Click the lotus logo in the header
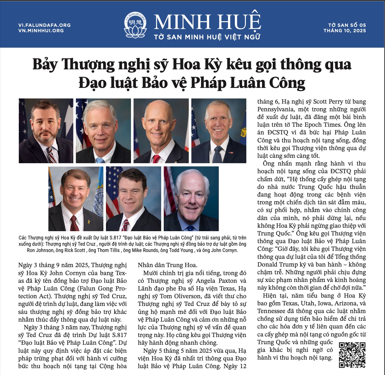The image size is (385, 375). (x=136, y=25)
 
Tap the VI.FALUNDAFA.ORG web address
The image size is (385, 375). (x=44, y=25)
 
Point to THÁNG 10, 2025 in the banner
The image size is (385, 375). (x=345, y=31)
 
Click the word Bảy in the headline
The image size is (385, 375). (x=45, y=64)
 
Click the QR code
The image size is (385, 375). (x=352, y=355)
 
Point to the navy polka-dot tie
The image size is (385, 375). (x=218, y=155)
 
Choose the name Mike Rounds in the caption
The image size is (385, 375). (x=145, y=250)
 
